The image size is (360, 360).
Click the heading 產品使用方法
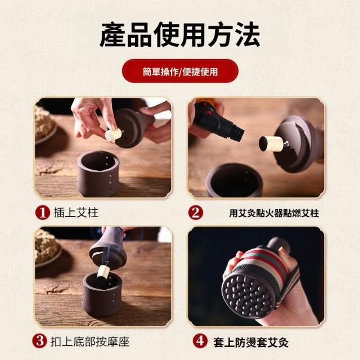[x=180, y=35]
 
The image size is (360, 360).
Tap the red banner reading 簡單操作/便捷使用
[x=180, y=71]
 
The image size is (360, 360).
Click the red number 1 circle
[x=43, y=213]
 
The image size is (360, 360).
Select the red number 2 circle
[x=195, y=213]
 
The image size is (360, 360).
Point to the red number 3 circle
[x=40, y=341]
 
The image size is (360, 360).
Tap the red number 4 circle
[x=200, y=341]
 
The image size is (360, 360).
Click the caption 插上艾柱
[x=76, y=213]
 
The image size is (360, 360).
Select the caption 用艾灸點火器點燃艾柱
[x=274, y=213]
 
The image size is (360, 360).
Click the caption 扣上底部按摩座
[x=90, y=341]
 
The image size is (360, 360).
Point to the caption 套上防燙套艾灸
[x=251, y=343]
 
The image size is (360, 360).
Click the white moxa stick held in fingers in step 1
[x=113, y=134]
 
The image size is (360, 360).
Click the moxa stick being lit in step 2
[x=271, y=144]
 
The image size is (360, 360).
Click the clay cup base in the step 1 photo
[x=98, y=174]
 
